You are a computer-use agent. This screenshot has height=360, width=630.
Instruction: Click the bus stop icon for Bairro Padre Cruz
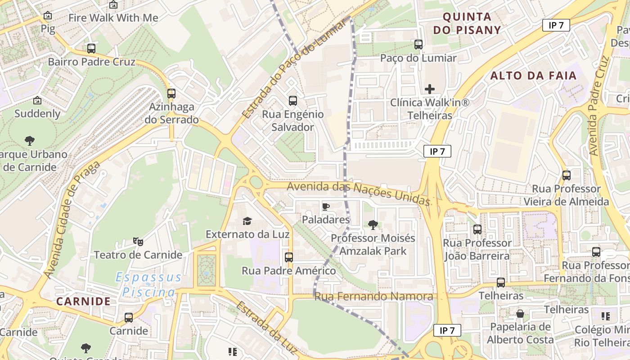click(x=91, y=48)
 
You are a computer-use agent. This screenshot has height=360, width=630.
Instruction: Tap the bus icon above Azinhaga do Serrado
click(x=171, y=94)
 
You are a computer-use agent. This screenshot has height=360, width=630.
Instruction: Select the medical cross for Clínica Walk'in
click(x=430, y=89)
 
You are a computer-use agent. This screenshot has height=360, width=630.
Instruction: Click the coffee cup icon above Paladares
click(x=326, y=207)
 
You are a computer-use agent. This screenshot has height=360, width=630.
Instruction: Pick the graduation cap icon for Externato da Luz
click(x=247, y=221)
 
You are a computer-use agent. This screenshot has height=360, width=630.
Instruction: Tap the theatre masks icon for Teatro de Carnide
click(x=138, y=242)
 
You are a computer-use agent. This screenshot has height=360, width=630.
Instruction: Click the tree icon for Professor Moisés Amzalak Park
click(x=373, y=225)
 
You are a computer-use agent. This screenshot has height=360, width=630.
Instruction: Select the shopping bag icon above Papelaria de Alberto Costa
click(x=520, y=313)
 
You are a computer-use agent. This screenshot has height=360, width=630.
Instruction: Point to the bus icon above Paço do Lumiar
click(x=418, y=45)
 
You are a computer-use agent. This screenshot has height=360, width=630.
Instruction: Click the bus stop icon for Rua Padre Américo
click(x=289, y=257)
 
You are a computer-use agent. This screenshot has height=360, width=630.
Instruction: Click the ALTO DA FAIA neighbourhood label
click(x=533, y=76)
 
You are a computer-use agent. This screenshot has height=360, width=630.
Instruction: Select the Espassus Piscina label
click(x=148, y=285)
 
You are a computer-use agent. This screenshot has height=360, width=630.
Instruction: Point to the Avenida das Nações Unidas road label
click(x=358, y=192)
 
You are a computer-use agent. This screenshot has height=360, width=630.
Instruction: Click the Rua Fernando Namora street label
click(x=373, y=297)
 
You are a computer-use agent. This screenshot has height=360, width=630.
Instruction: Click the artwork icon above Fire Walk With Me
click(x=113, y=5)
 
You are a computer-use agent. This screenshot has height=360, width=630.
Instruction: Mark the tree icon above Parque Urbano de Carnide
click(x=30, y=141)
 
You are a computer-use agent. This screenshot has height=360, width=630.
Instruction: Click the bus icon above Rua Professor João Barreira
click(x=477, y=229)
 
